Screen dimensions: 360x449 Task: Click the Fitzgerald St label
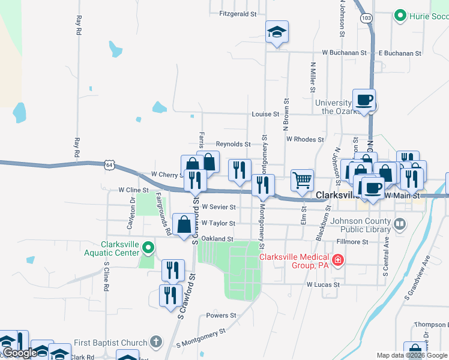238,13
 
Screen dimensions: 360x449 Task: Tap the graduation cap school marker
277,32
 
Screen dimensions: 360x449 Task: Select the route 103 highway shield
366,19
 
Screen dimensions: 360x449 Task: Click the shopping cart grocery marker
302,179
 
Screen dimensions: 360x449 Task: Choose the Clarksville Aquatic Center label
129,248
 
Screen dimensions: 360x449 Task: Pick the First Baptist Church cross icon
155,343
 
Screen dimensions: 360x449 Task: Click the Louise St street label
266,114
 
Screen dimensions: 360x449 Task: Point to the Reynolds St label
233,144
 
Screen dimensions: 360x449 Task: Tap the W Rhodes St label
305,139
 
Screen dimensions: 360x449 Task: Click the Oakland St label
217,238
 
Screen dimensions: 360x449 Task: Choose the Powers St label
221,316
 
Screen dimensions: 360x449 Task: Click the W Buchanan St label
344,53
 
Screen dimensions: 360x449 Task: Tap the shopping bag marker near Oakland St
184,225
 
